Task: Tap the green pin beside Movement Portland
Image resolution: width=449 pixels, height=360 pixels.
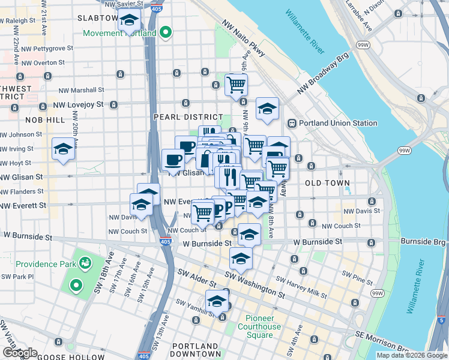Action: click(167, 32)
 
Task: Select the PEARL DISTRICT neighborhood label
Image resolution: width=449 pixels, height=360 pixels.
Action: click(188, 117)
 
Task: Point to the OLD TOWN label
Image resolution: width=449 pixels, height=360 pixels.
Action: click(322, 182)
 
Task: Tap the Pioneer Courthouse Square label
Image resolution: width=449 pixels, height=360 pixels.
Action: click(264, 326)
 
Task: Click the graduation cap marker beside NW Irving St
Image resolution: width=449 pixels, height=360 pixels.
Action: click(62, 148)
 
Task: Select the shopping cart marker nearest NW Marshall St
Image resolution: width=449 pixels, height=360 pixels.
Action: click(236, 84)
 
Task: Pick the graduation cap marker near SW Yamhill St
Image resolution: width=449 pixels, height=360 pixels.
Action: click(217, 300)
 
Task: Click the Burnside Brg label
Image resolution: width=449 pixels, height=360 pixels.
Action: click(424, 241)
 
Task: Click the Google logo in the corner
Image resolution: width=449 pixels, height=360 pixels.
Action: click(20, 353)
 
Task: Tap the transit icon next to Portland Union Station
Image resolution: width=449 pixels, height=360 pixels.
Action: click(292, 124)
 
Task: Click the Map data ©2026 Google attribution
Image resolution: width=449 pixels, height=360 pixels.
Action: click(411, 355)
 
